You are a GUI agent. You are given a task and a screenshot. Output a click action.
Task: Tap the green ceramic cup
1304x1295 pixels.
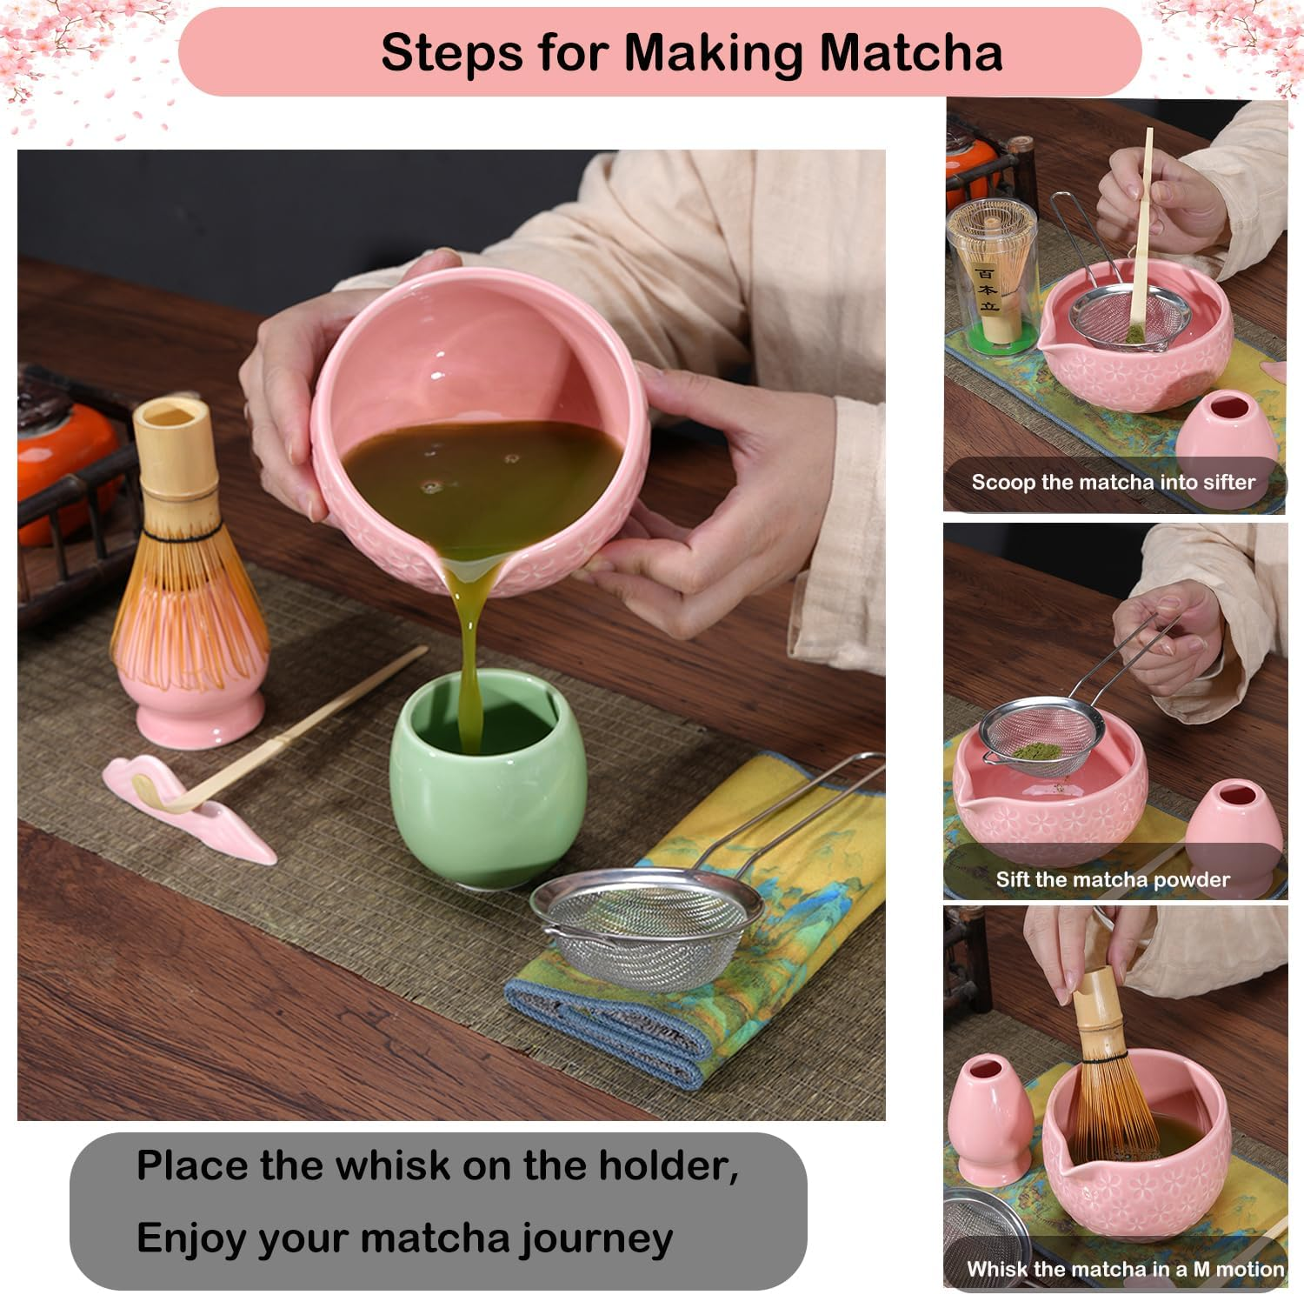click(474, 791)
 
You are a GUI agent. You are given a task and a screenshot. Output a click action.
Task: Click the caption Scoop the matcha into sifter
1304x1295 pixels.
click(1113, 482)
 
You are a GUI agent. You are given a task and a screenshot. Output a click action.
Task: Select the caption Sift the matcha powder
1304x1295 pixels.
click(1113, 879)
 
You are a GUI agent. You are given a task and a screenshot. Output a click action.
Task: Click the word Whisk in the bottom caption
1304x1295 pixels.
click(996, 1269)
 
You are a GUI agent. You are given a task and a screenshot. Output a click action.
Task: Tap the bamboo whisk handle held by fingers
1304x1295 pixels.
click(1097, 1009)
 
